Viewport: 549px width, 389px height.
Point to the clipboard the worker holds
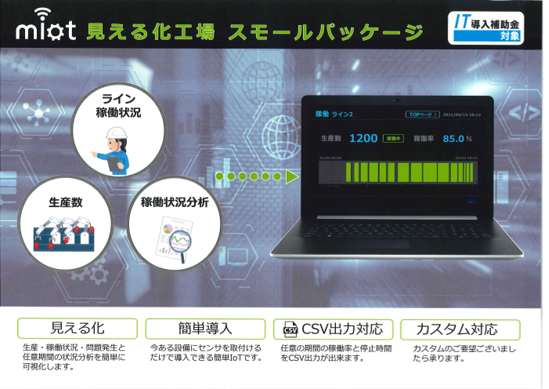click(116, 162)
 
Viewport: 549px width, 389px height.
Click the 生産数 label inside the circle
click(64, 202)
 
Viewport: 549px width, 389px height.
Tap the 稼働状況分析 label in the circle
click(175, 202)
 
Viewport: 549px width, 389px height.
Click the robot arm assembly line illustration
click(64, 233)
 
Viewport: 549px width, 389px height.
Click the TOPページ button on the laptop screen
click(421, 115)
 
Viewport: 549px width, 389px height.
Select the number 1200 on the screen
click(363, 139)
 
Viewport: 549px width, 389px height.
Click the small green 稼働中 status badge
click(393, 139)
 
